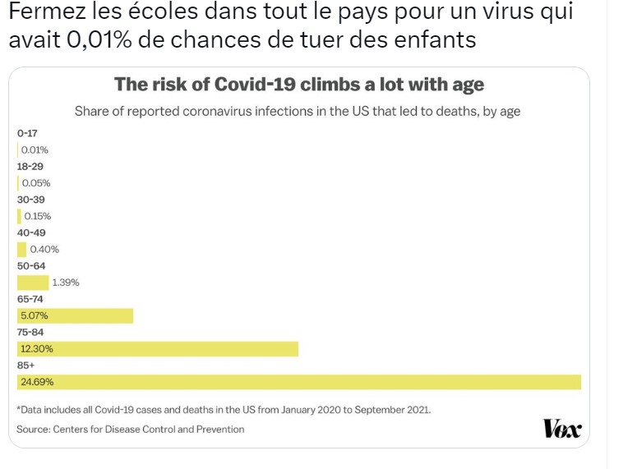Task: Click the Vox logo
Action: tap(562, 429)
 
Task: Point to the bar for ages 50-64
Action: tap(33, 283)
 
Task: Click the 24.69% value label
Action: tap(37, 382)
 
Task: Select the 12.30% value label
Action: tap(37, 349)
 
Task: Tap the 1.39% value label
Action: tap(65, 283)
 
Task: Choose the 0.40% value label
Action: tap(44, 249)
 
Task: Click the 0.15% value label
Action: tap(37, 216)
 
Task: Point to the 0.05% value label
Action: tap(35, 183)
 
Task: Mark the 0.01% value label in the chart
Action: tap(35, 149)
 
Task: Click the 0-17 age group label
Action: tap(27, 133)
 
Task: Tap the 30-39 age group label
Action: tap(30, 199)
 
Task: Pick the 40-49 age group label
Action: tap(30, 232)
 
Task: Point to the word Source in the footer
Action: tap(34, 429)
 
